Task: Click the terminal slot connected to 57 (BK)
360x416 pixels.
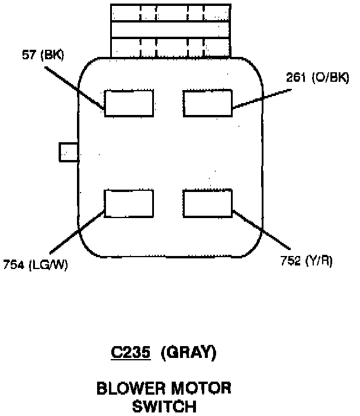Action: [129, 102]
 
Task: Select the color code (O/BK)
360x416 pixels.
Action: [330, 78]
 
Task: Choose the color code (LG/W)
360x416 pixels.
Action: [48, 264]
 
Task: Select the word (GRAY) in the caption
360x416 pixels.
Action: [190, 354]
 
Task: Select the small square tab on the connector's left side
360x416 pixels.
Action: [68, 152]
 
